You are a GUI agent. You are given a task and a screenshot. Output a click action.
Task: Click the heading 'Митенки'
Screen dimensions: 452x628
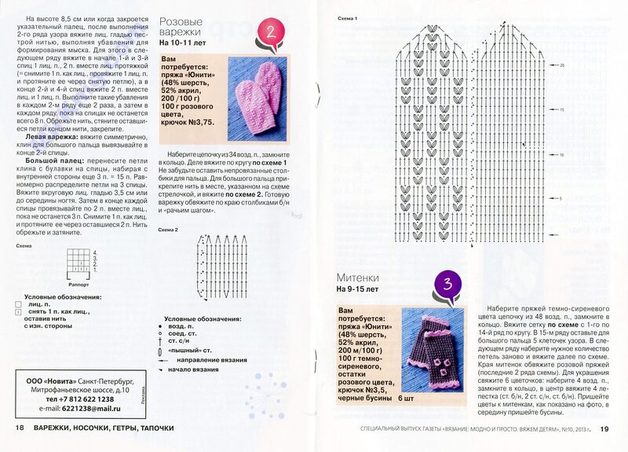[x=359, y=277]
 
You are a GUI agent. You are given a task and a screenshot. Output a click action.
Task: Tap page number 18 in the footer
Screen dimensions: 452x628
[x=20, y=428]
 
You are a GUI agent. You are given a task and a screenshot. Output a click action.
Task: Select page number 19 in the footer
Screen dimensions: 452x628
[x=604, y=428]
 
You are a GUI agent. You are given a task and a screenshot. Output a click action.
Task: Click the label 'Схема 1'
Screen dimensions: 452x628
[x=347, y=18]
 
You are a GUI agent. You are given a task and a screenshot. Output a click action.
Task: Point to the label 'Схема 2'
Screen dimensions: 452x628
[x=169, y=229]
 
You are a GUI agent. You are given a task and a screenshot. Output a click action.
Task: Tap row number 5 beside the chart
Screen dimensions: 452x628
[x=562, y=199]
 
